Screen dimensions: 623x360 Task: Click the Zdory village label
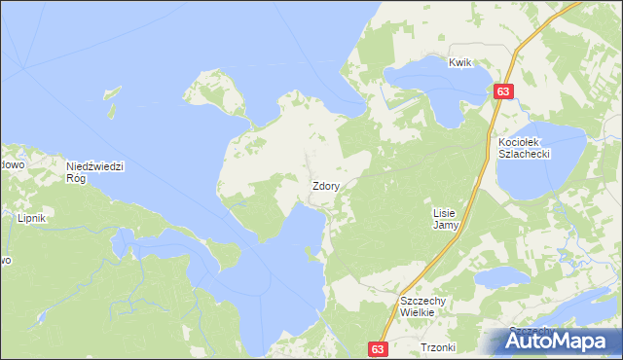pos(325,186)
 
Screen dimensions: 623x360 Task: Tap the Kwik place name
pos(459,63)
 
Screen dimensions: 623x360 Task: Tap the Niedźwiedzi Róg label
pos(95,172)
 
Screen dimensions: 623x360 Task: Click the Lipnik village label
pos(32,220)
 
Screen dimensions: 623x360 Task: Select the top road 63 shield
pos(502,91)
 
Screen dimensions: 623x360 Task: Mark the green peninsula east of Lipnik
pos(223,256)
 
